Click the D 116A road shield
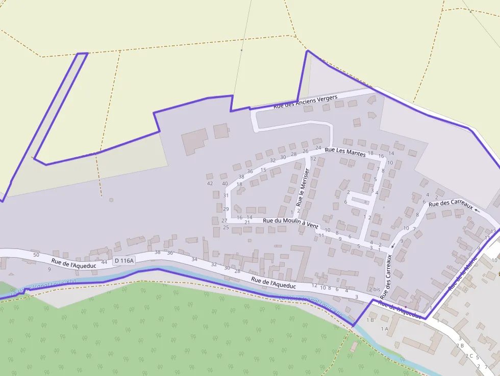pos(124,261)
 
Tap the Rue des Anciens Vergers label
pos(306,102)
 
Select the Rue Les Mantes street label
pos(345,152)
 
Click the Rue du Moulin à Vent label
pos(290,223)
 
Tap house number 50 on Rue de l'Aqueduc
pos(36,255)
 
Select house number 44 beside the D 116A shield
pos(104,262)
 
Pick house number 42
pos(210,183)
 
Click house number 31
pos(226,195)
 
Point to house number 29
pos(226,209)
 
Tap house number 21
pos(247,222)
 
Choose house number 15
pos(263,170)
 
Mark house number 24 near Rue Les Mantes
pos(318,147)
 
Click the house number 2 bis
pos(374,289)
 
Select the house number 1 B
pos(370,320)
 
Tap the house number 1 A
pos(384,329)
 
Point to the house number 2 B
pos(460,345)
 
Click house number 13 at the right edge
pos(493,231)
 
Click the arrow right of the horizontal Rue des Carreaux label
pos(477,209)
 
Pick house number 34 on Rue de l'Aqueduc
pos(194,259)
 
